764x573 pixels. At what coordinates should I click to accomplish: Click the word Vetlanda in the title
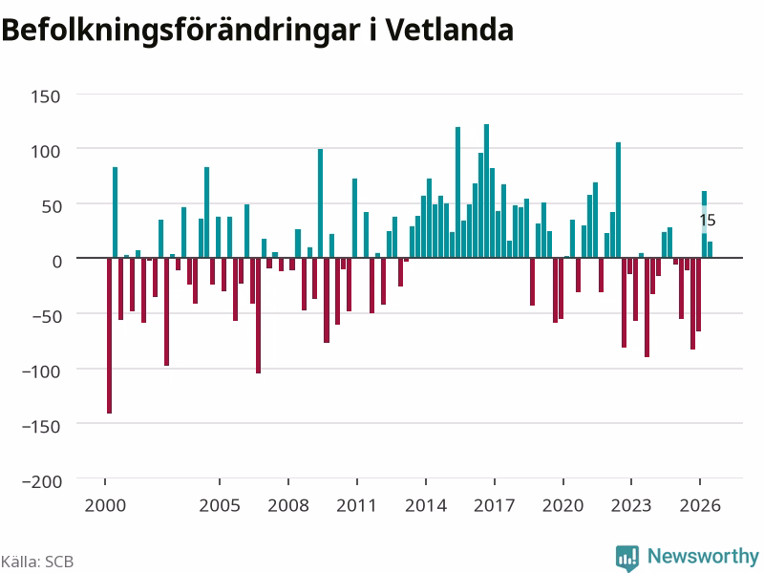(450, 31)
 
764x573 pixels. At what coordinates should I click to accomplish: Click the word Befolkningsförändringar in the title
(180, 32)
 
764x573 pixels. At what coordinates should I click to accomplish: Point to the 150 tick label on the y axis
(45, 96)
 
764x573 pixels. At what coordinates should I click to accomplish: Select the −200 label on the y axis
(42, 481)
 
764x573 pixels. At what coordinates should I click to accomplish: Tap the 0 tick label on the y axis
(57, 262)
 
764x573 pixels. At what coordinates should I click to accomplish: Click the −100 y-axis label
(41, 371)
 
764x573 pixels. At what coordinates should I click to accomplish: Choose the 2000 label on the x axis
(105, 505)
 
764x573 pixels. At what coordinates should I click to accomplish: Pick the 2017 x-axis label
(494, 505)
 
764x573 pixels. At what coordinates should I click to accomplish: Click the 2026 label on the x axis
(700, 505)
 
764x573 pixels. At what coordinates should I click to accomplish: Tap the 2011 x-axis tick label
(356, 505)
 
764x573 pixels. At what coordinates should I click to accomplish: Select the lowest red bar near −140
(109, 336)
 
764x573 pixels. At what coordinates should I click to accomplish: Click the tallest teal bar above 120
(486, 191)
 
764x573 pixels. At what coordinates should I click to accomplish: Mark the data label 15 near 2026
(708, 221)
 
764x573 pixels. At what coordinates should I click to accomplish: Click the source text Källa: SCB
(37, 562)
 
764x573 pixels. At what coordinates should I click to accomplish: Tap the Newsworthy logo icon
(627, 558)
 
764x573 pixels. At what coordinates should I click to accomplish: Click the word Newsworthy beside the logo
(703, 556)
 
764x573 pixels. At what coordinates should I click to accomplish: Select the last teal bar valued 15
(710, 249)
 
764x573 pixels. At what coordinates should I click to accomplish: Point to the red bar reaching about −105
(258, 315)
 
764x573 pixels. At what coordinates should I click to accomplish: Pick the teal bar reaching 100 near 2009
(320, 203)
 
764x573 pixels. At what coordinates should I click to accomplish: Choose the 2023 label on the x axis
(631, 505)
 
